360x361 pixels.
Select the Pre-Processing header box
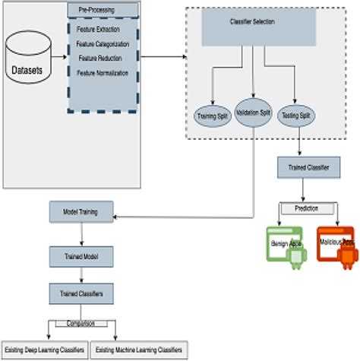pyautogui.click(x=103, y=10)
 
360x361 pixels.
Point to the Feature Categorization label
pyautogui.click(x=103, y=45)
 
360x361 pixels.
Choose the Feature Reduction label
pyautogui.click(x=103, y=59)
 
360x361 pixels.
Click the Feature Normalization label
pyautogui.click(x=103, y=72)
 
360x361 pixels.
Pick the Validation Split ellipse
pyautogui.click(x=253, y=112)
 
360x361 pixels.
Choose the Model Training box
pyautogui.click(x=81, y=211)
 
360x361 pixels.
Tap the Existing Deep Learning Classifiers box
pyautogui.click(x=43, y=350)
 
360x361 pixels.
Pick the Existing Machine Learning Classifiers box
pyautogui.click(x=139, y=350)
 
